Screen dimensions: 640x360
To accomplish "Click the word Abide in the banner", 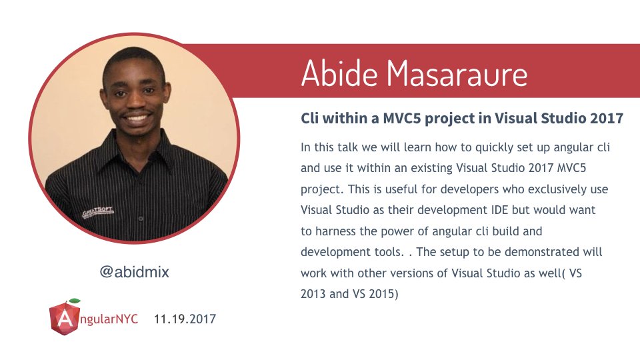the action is [339, 73].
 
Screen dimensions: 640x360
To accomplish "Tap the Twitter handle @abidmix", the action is [134, 272].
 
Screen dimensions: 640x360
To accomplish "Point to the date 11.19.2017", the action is [185, 319].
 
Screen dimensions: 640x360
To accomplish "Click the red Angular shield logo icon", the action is [64, 318].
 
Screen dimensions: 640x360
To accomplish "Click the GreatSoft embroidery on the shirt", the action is [97, 212].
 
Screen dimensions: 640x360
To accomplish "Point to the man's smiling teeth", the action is [137, 119].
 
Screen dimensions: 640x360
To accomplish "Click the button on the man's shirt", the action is [141, 219].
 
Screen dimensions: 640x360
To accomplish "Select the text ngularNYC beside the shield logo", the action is [108, 319].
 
